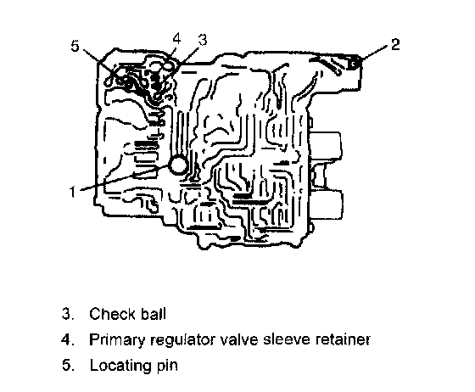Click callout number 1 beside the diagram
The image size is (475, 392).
click(x=72, y=192)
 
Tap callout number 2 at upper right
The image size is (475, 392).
click(x=395, y=44)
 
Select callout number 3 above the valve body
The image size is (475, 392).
click(x=202, y=40)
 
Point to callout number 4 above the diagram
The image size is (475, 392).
click(x=176, y=39)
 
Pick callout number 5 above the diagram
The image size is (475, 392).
click(x=75, y=46)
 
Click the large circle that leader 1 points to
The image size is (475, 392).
click(x=179, y=165)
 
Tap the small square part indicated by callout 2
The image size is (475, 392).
click(x=353, y=64)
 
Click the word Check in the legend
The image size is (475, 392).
click(x=112, y=314)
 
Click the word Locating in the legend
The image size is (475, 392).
click(x=120, y=366)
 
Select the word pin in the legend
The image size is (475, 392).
click(x=167, y=366)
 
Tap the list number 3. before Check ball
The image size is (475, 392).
click(x=68, y=314)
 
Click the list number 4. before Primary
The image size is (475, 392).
click(x=68, y=340)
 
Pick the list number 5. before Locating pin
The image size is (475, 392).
click(x=68, y=366)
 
